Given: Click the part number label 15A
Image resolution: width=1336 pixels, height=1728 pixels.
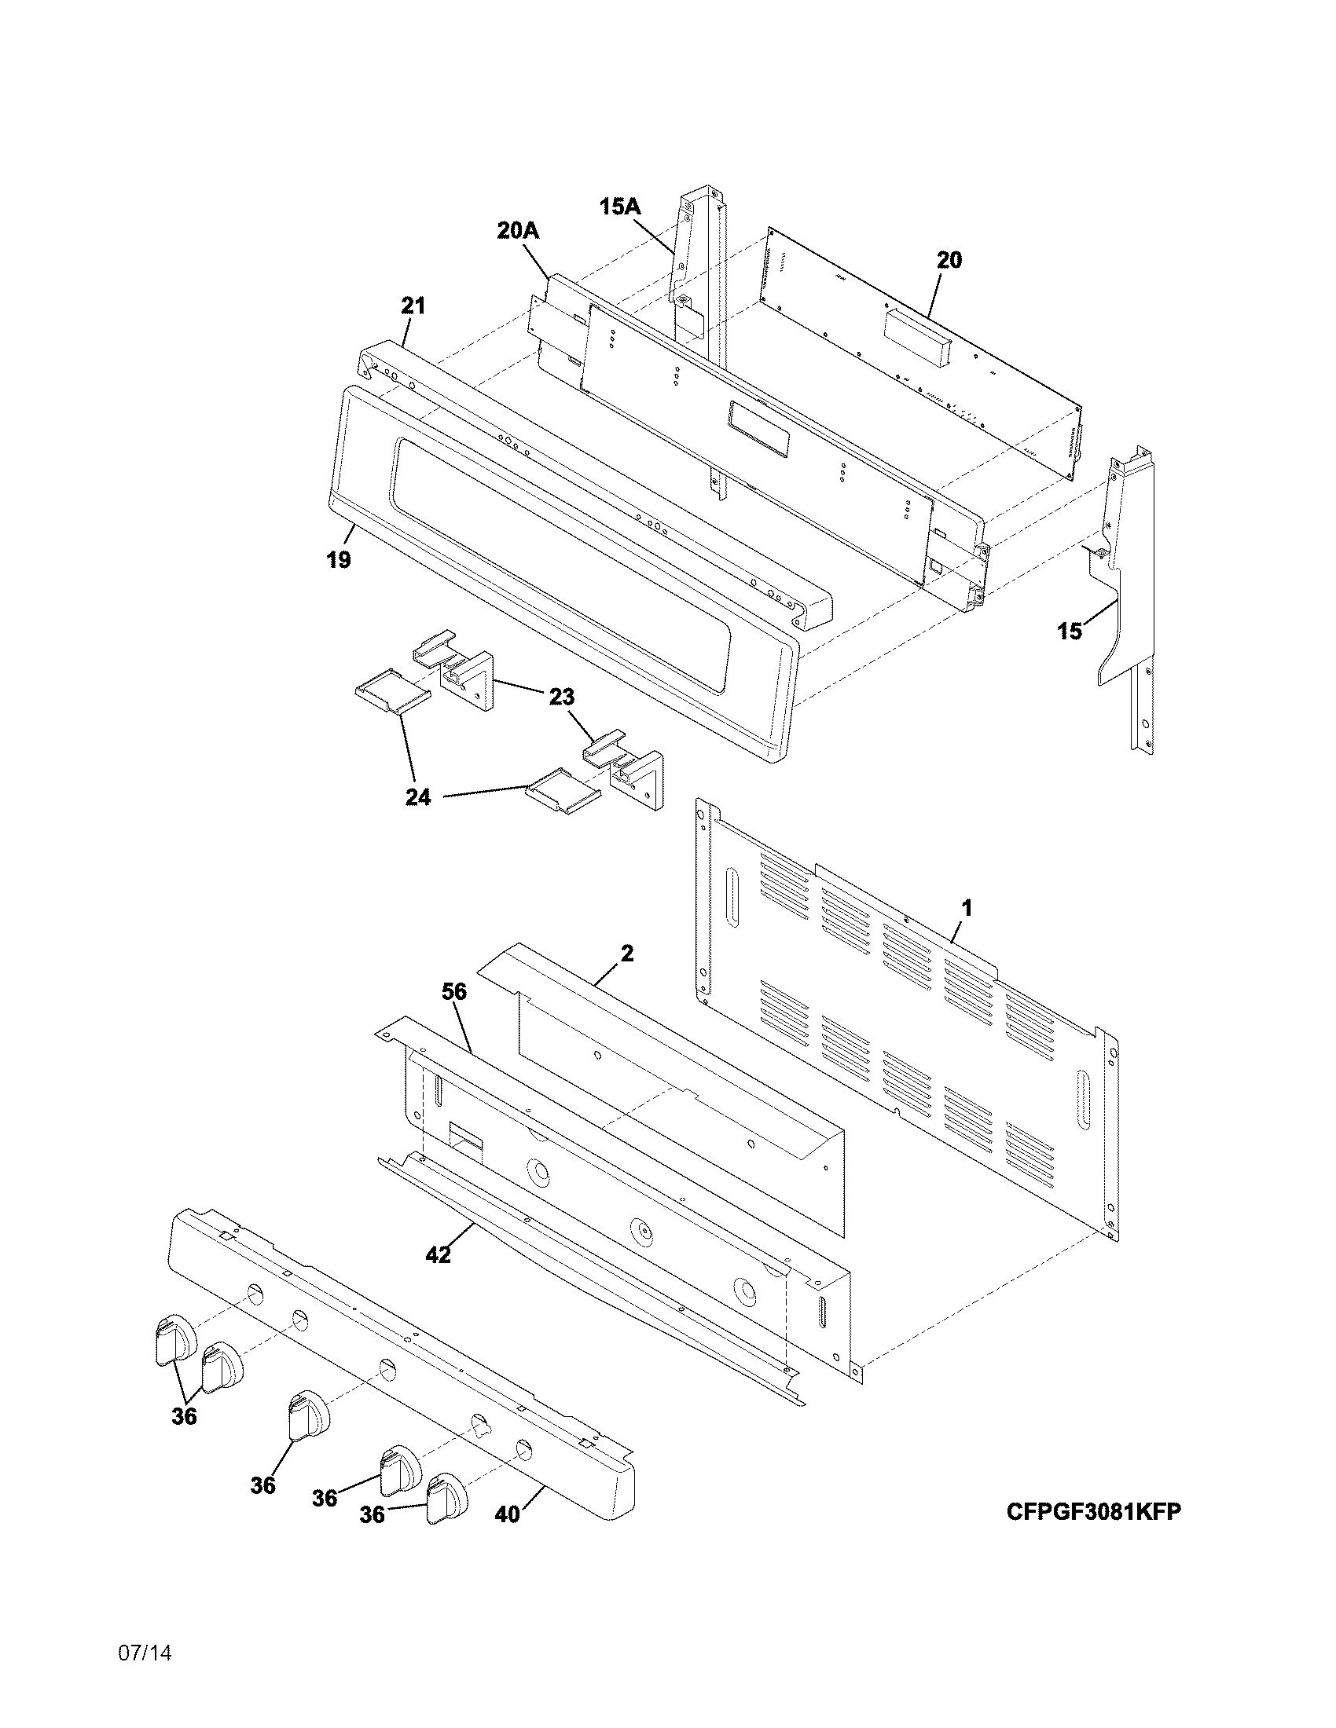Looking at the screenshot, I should click(620, 207).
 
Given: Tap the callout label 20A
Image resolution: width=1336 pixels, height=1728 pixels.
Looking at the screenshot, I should click(518, 231).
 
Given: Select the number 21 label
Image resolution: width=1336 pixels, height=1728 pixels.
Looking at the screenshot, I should click(413, 306).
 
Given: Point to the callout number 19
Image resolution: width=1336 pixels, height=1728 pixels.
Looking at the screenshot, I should click(338, 560).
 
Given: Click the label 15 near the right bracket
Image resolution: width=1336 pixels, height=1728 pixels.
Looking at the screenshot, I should click(1070, 632).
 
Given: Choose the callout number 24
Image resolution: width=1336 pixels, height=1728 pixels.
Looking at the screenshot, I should click(418, 797).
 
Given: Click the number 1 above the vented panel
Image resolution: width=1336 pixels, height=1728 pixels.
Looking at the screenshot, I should click(967, 907).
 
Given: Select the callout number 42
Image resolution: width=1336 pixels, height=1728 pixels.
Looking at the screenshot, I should click(438, 1254).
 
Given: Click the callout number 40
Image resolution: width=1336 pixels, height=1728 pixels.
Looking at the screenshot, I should click(508, 1514).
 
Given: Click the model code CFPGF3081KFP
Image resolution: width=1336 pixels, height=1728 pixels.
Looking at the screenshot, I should click(1094, 1511).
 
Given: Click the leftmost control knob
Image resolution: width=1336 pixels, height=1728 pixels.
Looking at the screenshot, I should click(174, 1340).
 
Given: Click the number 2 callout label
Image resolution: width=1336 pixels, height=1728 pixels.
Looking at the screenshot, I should click(627, 954).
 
